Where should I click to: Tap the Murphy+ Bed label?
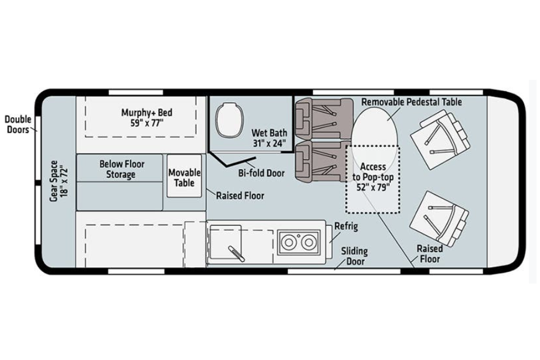[x=147, y=118]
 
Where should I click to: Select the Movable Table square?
[x=184, y=176]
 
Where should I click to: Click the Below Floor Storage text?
[x=121, y=169]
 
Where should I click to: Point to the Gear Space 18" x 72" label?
[x=59, y=181]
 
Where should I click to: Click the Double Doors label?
[x=18, y=124]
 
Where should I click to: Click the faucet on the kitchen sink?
[x=236, y=254]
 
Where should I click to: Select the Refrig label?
[x=346, y=226]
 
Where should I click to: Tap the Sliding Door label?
[x=355, y=256]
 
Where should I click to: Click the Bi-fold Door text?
[x=261, y=173]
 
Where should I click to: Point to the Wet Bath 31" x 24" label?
[x=269, y=138]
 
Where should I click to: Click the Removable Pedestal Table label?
[x=412, y=102]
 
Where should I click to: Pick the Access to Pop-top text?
[x=373, y=177]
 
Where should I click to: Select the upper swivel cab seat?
[x=440, y=139]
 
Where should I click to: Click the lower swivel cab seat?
[x=440, y=218]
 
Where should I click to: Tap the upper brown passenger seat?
[x=324, y=119]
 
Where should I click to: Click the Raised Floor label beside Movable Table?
[x=240, y=195]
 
